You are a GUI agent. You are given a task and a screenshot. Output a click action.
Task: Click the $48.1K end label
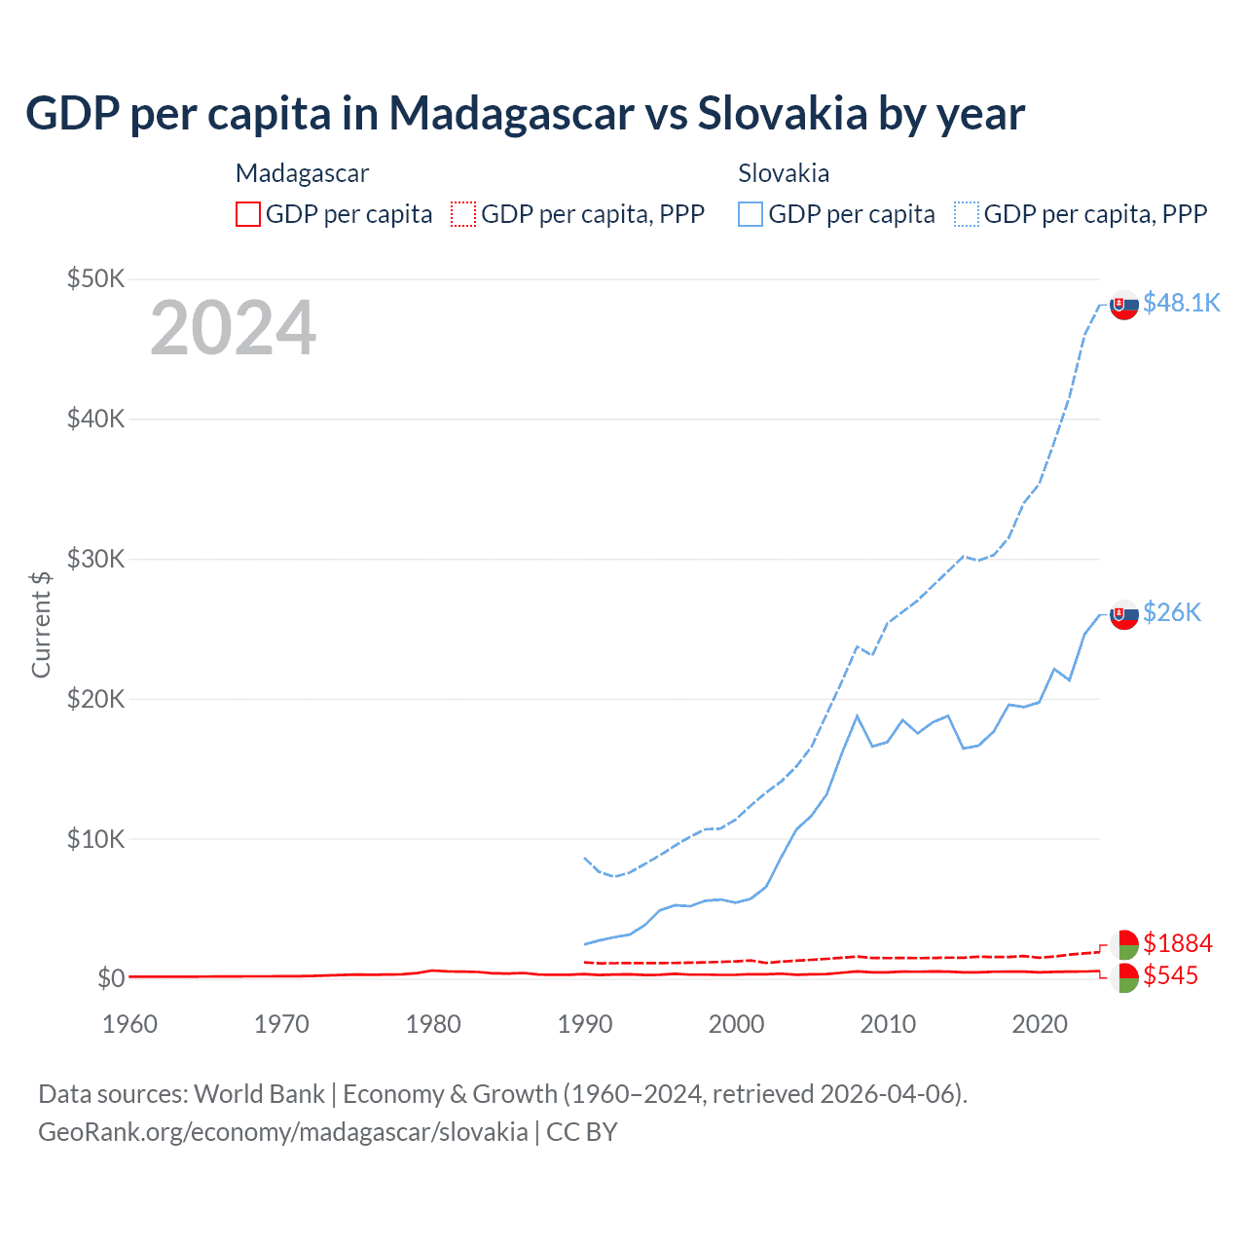tap(1181, 303)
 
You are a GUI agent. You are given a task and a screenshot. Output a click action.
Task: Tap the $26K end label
tap(1172, 611)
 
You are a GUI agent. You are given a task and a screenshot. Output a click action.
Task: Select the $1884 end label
tap(1177, 943)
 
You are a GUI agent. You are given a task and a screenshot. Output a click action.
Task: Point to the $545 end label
tap(1170, 975)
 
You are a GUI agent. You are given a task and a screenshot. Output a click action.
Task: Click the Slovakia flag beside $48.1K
tap(1124, 305)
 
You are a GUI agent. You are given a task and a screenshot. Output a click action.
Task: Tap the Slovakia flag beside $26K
tap(1124, 614)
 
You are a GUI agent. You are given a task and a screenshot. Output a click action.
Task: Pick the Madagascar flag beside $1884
tap(1124, 944)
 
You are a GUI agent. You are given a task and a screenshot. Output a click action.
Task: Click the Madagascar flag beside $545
tap(1124, 977)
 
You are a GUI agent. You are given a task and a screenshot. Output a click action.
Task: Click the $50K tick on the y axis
tap(95, 279)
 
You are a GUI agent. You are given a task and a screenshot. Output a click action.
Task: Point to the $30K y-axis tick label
tap(95, 560)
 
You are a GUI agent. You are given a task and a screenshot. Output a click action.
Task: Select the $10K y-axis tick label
tap(95, 839)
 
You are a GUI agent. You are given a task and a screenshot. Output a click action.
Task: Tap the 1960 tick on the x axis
tap(129, 1024)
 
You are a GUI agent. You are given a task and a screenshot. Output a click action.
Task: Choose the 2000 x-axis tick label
tap(736, 1024)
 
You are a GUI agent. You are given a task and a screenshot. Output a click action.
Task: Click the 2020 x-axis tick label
tap(1040, 1024)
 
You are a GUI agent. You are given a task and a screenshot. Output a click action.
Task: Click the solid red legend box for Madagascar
tap(248, 214)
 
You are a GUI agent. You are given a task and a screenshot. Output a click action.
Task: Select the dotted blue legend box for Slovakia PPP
tap(967, 214)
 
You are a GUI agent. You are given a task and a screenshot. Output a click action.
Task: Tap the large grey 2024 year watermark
tap(233, 328)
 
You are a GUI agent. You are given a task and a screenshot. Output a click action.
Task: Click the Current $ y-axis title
tap(41, 624)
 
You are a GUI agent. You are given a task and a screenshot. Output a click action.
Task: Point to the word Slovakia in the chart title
tap(782, 113)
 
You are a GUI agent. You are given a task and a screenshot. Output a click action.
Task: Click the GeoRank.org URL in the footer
tap(282, 1132)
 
